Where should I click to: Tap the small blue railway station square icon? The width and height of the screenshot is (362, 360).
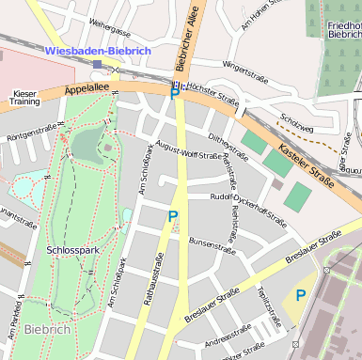98,64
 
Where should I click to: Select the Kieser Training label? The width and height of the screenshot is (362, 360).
25,99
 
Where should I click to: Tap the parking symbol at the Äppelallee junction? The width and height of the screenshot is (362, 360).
174,92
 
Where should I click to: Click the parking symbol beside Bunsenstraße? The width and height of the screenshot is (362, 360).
172,217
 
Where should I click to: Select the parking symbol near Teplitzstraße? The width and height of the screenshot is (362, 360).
300,295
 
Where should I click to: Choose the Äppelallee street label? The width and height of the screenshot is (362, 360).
87,90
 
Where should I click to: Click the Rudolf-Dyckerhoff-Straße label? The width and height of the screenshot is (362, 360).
248,211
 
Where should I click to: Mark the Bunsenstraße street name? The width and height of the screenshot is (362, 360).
212,245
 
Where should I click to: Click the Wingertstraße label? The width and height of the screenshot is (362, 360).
247,69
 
